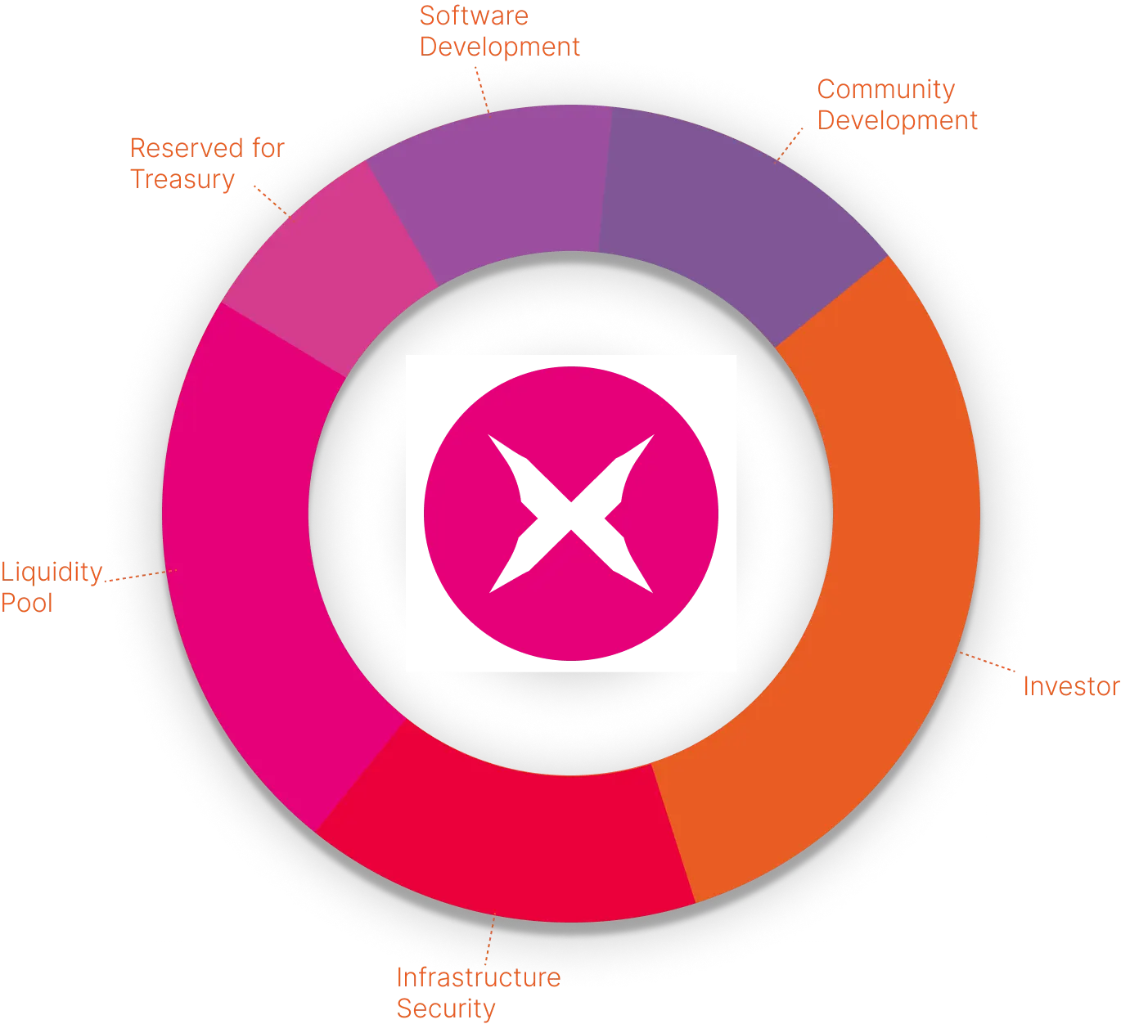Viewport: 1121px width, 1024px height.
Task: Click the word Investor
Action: (1070, 687)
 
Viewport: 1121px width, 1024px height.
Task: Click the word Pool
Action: (26, 604)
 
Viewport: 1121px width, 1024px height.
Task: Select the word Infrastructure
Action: (478, 977)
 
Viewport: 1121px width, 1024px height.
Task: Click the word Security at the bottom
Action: (446, 1009)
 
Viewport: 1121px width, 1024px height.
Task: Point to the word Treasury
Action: (182, 179)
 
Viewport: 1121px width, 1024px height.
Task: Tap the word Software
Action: (475, 16)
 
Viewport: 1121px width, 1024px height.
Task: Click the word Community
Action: (886, 90)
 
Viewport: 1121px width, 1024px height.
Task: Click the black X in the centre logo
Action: (571, 514)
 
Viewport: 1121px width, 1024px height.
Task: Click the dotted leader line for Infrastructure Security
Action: (489, 941)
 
